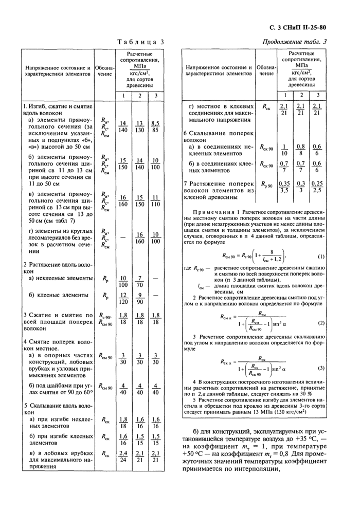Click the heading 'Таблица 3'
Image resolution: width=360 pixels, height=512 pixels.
pyautogui.click(x=140, y=42)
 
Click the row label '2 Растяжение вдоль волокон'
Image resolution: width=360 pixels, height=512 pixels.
pyautogui.click(x=57, y=267)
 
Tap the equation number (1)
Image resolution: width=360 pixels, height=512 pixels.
pyautogui.click(x=321, y=256)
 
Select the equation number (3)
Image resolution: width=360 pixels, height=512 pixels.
pyautogui.click(x=321, y=368)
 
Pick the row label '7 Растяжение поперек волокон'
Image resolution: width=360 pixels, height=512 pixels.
pyautogui.click(x=219, y=189)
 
